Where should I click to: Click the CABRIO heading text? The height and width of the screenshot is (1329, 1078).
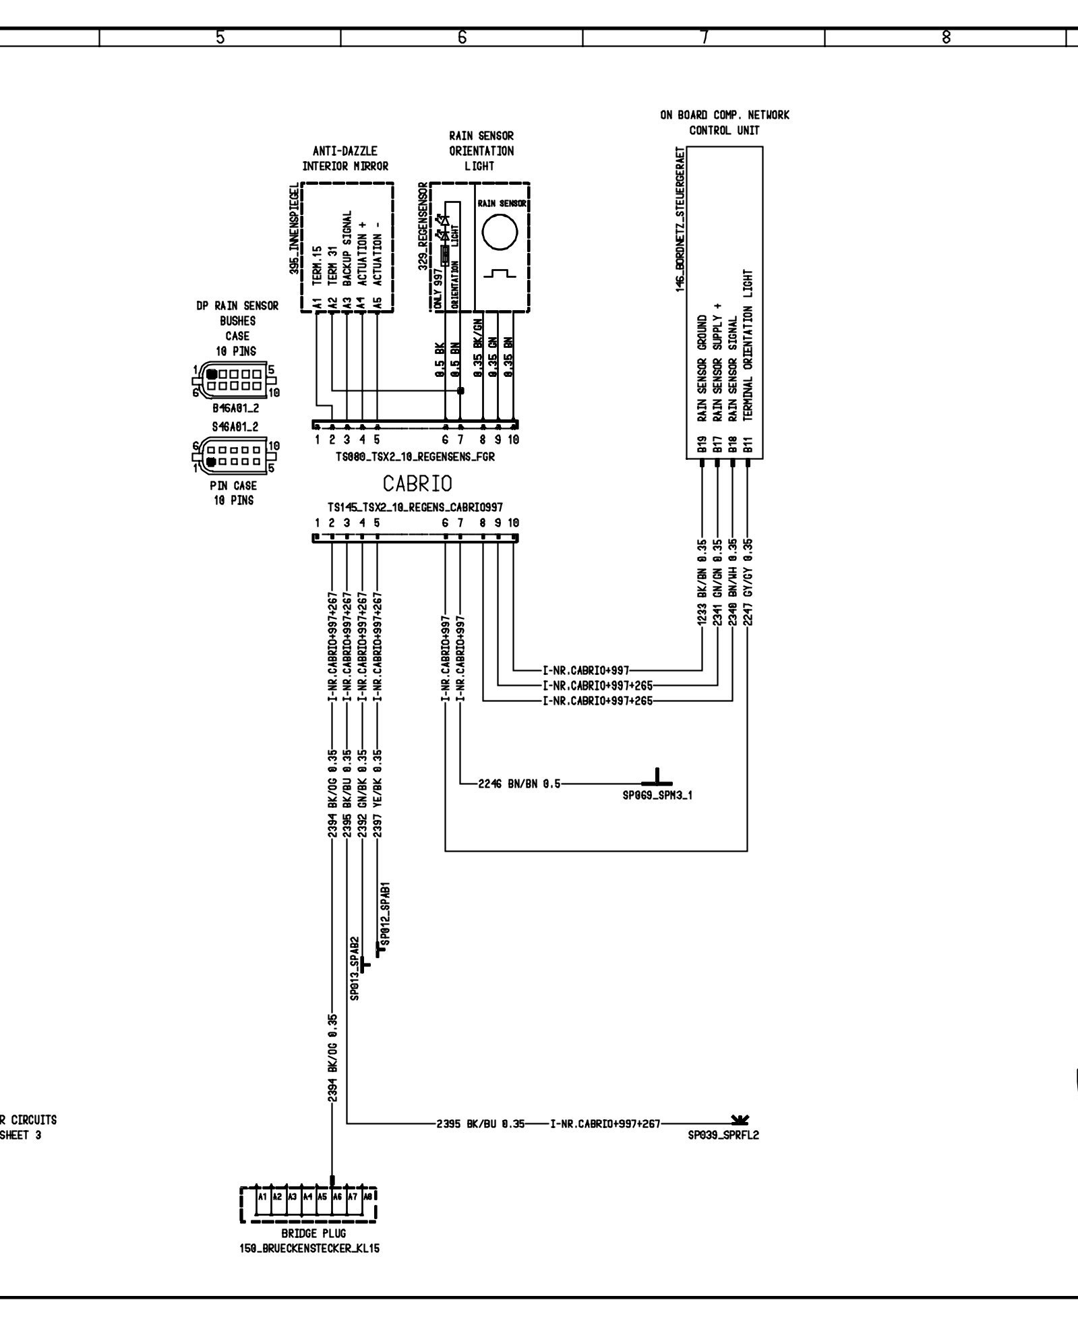click(417, 483)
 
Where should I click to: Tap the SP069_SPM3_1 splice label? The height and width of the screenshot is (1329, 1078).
click(657, 795)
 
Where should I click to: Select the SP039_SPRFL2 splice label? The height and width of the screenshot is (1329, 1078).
click(723, 1135)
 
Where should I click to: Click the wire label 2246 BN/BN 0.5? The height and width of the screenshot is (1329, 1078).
click(519, 784)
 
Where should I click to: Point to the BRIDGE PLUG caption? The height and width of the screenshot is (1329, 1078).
click(309, 1233)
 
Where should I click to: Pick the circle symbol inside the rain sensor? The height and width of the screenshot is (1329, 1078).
click(500, 233)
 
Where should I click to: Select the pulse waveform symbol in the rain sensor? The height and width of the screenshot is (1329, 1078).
click(500, 274)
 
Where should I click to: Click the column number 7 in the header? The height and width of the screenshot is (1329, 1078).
click(704, 38)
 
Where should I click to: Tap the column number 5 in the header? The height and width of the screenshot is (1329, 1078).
click(220, 38)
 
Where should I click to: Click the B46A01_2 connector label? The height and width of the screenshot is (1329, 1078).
click(235, 408)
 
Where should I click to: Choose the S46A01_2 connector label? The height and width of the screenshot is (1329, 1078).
click(235, 427)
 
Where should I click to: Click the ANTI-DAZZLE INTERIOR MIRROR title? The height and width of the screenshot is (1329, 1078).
click(345, 158)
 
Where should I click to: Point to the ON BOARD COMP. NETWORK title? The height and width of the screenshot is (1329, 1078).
click(724, 115)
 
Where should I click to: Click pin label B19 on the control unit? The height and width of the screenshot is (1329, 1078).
click(702, 444)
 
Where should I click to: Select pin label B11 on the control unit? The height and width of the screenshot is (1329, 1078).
click(747, 444)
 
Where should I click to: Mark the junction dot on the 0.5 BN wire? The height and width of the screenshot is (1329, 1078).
click(460, 390)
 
